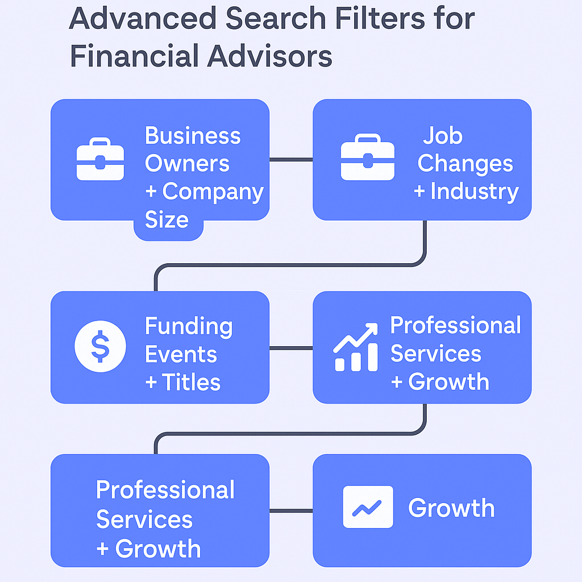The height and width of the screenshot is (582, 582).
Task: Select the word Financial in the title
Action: [132, 57]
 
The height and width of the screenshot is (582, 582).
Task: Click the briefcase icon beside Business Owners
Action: [100, 159]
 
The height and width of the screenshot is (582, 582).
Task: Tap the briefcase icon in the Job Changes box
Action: [367, 157]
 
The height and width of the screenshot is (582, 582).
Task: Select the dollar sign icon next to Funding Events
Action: [100, 346]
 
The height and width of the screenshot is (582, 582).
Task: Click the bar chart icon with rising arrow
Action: [356, 347]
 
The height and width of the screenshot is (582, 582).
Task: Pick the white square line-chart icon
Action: [368, 506]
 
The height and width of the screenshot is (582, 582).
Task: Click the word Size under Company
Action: [167, 219]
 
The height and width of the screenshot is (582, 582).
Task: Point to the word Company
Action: [213, 192]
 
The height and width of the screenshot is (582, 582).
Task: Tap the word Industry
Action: [474, 192]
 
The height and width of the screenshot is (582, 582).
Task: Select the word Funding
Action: [189, 326]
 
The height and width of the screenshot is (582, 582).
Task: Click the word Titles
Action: [192, 382]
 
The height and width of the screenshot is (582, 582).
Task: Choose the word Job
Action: [442, 136]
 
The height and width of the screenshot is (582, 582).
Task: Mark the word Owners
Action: [187, 164]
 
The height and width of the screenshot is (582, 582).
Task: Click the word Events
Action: [181, 354]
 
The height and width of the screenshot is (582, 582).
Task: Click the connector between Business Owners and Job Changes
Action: [291, 160]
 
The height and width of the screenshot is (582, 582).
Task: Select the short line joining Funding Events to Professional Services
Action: [291, 348]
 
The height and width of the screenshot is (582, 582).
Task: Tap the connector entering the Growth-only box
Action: [291, 511]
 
